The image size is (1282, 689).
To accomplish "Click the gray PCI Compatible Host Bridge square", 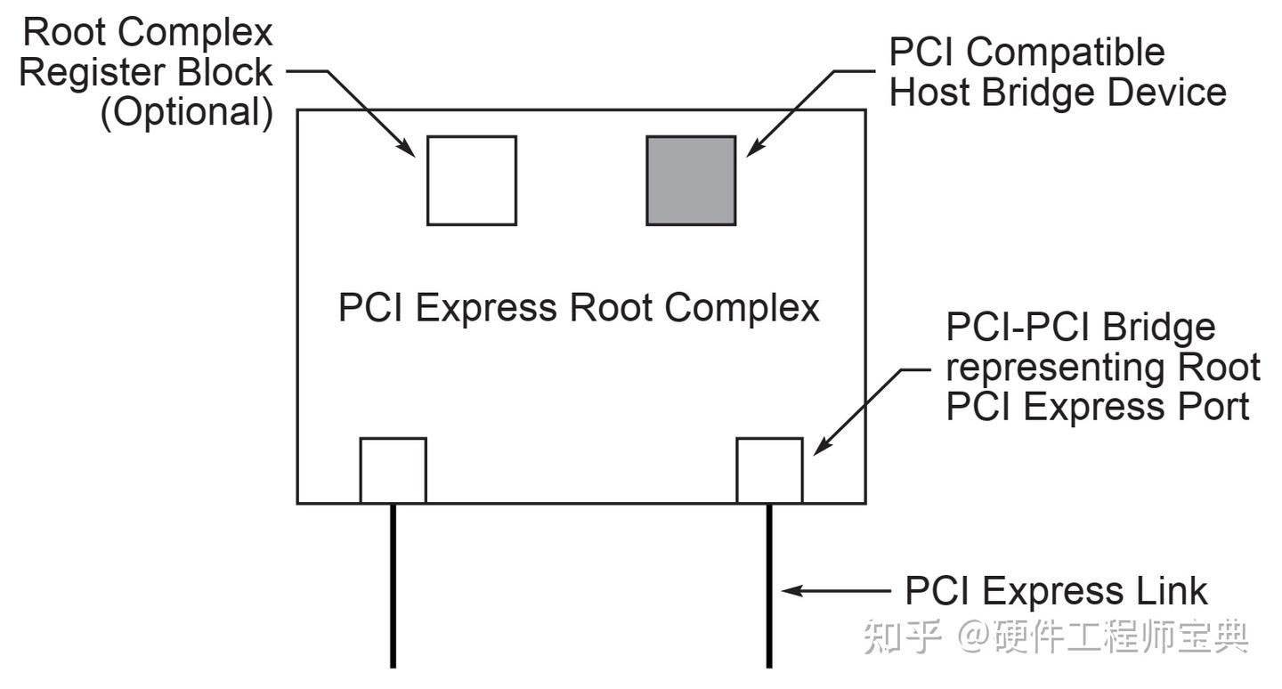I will pyautogui.click(x=691, y=181).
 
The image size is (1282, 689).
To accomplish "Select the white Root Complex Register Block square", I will pyautogui.click(x=472, y=181).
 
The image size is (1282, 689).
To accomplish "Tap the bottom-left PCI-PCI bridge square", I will pyautogui.click(x=393, y=470).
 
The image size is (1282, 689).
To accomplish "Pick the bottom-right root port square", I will pyautogui.click(x=770, y=470).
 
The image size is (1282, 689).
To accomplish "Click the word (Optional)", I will pyautogui.click(x=186, y=114).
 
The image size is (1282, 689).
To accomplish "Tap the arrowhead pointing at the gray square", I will pyautogui.click(x=750, y=151).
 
